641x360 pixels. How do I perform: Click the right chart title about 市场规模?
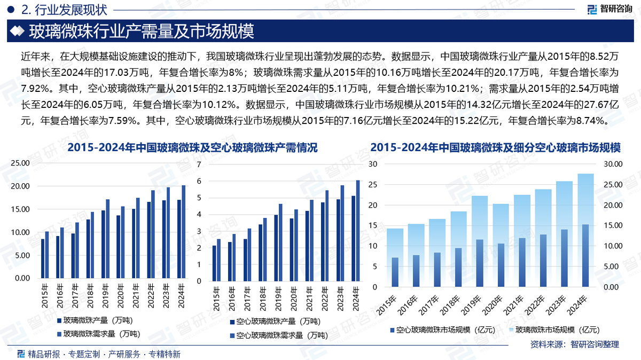495,148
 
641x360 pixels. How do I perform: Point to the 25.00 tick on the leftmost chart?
20,163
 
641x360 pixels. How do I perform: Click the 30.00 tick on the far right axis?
612,165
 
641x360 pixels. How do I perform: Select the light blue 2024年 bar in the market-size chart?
585,230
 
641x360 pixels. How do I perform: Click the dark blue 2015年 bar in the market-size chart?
395,272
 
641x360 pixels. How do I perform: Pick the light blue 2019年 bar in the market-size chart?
479,241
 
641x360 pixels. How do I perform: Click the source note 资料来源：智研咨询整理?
574,345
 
